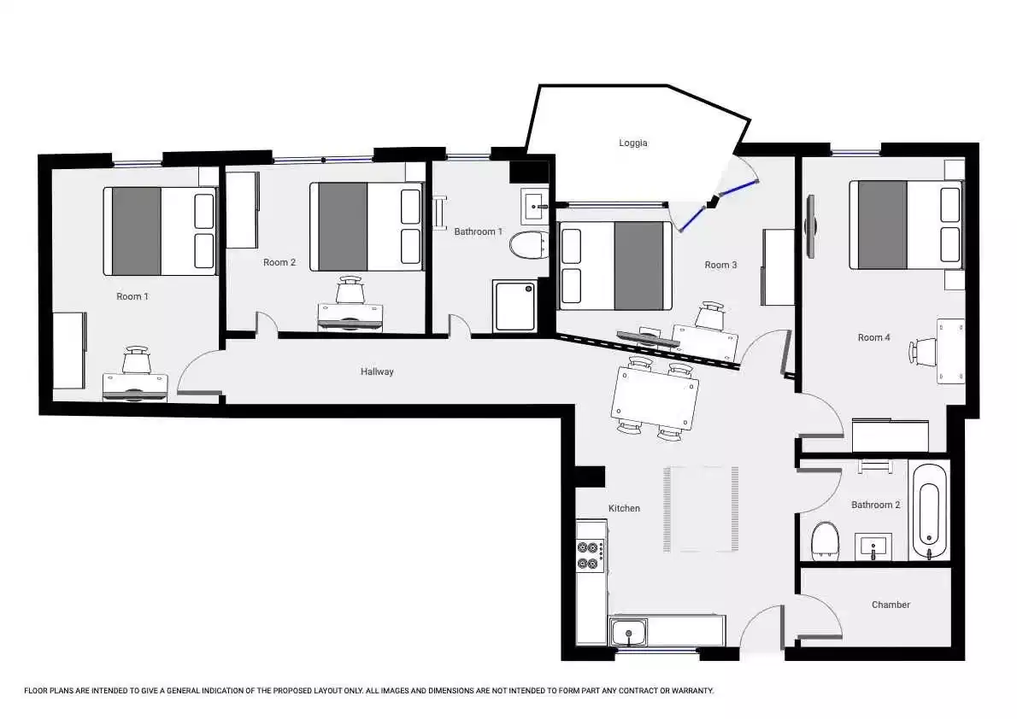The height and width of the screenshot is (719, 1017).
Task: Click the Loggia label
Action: (632, 143)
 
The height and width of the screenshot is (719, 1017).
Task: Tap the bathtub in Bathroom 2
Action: (930, 510)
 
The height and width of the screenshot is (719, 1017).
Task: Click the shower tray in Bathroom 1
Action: (515, 306)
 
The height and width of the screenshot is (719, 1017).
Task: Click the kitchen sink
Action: (628, 633)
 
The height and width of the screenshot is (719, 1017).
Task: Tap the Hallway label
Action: (377, 371)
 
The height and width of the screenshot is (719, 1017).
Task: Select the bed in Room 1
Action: (160, 231)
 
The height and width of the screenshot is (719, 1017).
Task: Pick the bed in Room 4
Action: (905, 225)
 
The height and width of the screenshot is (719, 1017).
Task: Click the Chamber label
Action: (891, 605)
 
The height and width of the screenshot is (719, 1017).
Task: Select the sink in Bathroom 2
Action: (873, 547)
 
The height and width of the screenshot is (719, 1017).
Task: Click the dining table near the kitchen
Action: (655, 398)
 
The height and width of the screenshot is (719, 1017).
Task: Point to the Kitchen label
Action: (624, 508)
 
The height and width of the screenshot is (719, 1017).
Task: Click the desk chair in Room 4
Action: (923, 351)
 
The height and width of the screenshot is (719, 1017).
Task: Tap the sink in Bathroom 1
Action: (535, 206)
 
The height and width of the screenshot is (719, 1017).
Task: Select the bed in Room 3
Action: (614, 266)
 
